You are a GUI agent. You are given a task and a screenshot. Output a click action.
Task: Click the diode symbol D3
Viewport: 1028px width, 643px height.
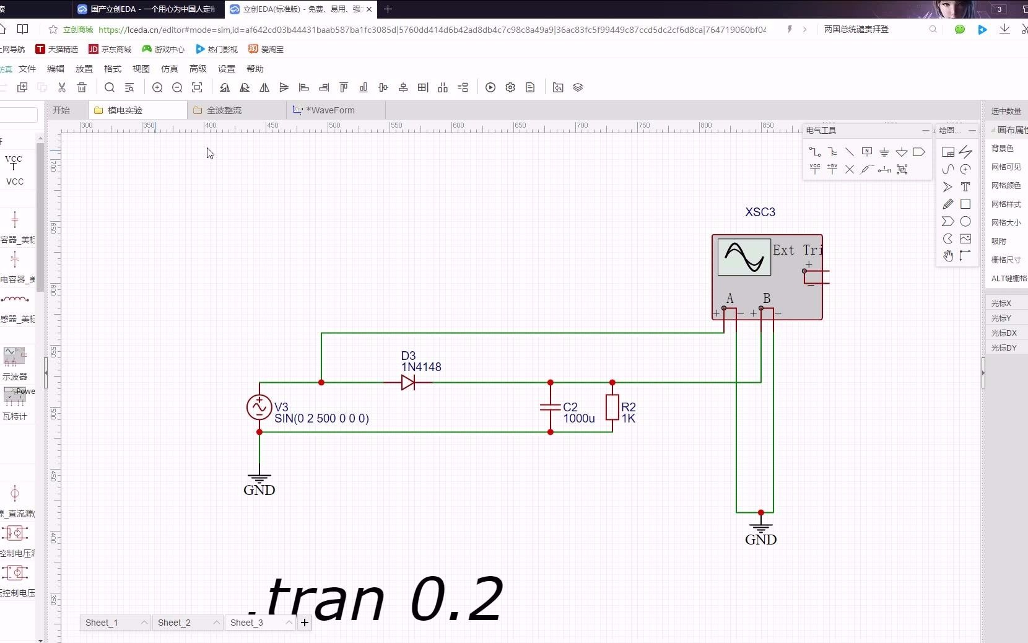coord(407,382)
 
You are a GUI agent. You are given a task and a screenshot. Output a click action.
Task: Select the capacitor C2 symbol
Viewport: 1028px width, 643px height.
coord(550,407)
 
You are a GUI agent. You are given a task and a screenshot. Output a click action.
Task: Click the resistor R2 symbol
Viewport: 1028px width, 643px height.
coord(612,407)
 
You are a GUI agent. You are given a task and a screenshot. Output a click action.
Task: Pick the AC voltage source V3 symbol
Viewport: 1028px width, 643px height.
coord(259,407)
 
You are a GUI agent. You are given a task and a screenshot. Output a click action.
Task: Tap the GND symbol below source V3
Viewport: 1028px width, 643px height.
coord(259,484)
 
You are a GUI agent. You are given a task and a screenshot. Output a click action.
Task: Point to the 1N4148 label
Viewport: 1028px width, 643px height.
coord(421,367)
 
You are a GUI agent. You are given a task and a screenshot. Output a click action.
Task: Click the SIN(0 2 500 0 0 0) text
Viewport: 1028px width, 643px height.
coord(321,419)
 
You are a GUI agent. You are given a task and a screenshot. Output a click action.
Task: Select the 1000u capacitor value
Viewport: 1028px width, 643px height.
coord(578,419)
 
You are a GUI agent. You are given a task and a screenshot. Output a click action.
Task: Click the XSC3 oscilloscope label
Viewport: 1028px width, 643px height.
coord(760,212)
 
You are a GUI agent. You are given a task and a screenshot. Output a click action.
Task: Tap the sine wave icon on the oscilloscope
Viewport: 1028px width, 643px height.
coord(744,256)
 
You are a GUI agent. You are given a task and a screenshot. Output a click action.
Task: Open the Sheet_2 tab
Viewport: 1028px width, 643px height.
coord(174,623)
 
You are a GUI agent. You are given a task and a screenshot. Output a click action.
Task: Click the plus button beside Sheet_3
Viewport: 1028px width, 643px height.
coord(305,623)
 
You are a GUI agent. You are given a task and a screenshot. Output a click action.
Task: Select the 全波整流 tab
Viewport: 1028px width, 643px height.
coord(224,110)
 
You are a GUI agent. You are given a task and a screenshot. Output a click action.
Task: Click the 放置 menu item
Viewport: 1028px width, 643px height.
coord(84,69)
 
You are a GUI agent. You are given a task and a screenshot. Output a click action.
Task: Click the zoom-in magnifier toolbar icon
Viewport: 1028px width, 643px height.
coord(157,87)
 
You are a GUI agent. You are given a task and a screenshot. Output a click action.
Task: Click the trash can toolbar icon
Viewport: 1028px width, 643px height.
coord(82,87)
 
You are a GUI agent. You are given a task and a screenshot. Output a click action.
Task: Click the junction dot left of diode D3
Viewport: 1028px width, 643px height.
coord(321,382)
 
